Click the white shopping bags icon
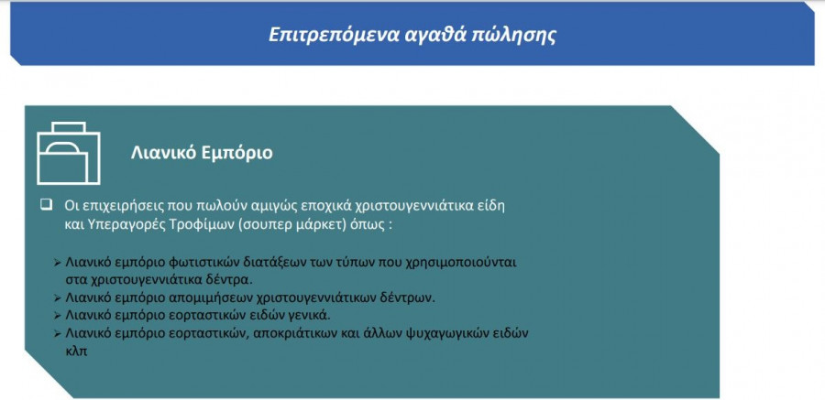[69, 153]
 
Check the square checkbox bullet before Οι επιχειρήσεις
[46, 204]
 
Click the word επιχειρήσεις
[115, 206]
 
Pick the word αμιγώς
[239, 206]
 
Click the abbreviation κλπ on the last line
[76, 351]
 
